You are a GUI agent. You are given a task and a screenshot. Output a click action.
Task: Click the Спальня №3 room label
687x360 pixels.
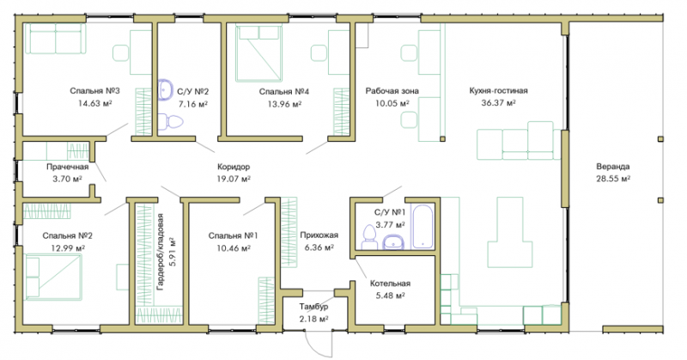tap(94, 91)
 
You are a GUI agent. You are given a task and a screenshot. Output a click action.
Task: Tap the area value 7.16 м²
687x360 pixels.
tap(192, 104)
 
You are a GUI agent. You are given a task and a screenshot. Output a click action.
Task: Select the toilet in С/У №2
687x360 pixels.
tap(169, 121)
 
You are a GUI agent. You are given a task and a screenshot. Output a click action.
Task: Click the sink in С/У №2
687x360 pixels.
tap(166, 89)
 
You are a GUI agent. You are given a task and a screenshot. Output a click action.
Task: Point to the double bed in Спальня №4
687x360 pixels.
tap(258, 53)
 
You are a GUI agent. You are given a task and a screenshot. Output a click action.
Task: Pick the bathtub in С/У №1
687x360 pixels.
tap(423, 226)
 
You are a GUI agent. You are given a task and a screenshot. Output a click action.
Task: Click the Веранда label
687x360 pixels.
tap(613, 167)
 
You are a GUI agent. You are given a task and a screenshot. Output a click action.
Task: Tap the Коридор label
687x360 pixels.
tap(234, 167)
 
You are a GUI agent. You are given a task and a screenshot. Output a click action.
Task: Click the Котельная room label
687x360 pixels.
tap(390, 284)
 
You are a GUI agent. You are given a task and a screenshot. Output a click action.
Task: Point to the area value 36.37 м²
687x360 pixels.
tap(498, 103)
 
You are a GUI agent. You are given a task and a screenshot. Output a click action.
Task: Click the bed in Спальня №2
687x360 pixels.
tap(54, 277)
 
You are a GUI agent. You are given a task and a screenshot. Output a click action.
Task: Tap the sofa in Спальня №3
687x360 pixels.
tap(55, 39)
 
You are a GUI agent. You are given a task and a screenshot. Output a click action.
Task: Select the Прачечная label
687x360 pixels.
tap(68, 167)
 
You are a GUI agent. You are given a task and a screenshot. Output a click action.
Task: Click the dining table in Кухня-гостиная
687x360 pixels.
tap(510, 232)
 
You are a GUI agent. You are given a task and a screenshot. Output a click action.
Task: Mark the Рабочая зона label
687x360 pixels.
tap(392, 91)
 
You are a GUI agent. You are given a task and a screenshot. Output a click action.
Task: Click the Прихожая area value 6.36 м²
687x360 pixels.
tap(319, 247)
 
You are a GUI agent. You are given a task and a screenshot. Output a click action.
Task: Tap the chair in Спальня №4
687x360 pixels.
tap(319, 53)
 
